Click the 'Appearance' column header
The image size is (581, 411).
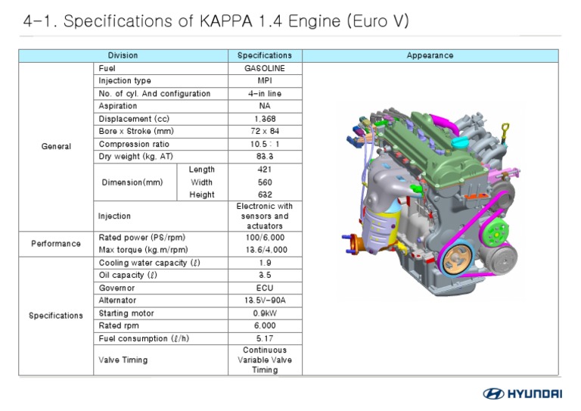click(430, 55)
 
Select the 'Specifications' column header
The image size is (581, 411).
click(265, 55)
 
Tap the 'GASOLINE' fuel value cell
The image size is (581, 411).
click(265, 68)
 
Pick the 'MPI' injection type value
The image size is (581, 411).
click(265, 81)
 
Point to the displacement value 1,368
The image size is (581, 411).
click(265, 119)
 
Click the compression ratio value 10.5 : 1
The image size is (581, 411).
click(265, 145)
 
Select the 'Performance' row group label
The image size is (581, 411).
click(55, 244)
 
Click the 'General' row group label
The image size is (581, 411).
click(56, 146)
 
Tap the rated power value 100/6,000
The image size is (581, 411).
click(265, 237)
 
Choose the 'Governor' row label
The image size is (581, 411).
click(117, 288)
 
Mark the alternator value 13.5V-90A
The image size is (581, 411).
click(265, 300)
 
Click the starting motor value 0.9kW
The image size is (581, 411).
click(265, 313)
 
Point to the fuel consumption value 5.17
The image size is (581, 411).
click(265, 338)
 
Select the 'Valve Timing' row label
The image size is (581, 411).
click(123, 360)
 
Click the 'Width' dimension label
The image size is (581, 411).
click(201, 182)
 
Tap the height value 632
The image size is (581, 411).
click(265, 195)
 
